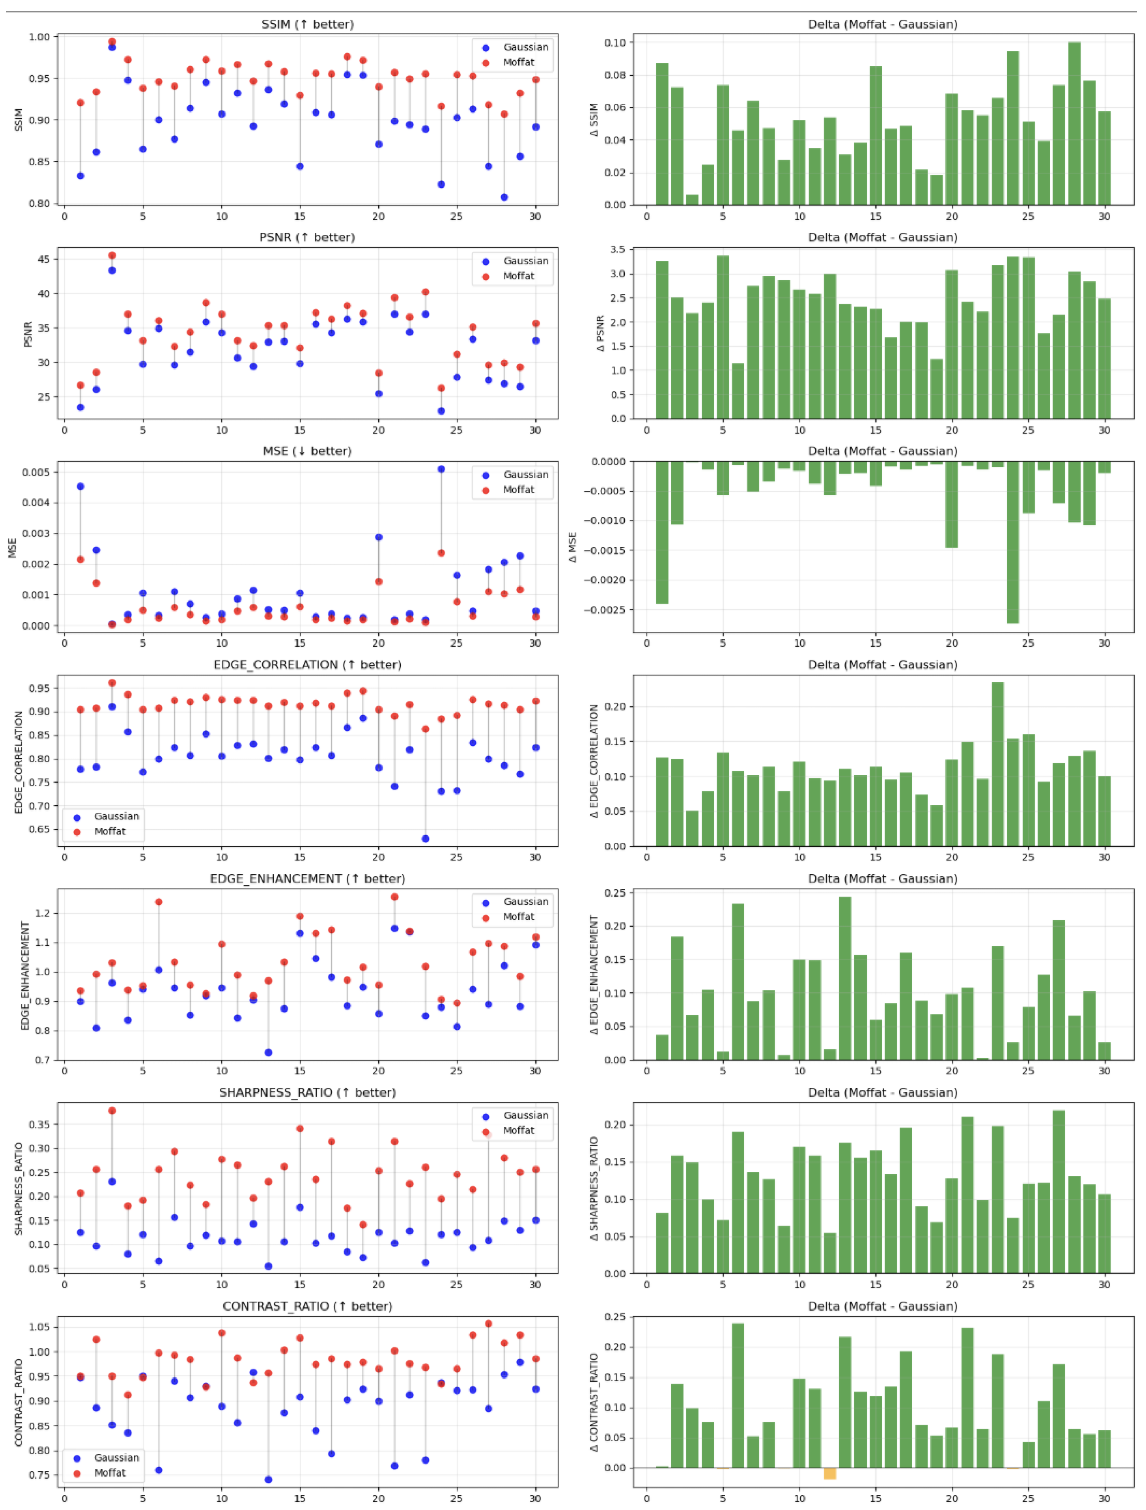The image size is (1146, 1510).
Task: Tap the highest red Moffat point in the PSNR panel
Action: (x=112, y=255)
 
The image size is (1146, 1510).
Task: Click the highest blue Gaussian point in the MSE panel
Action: (x=441, y=469)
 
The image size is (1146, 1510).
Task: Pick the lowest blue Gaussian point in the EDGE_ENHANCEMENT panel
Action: (x=268, y=1053)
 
